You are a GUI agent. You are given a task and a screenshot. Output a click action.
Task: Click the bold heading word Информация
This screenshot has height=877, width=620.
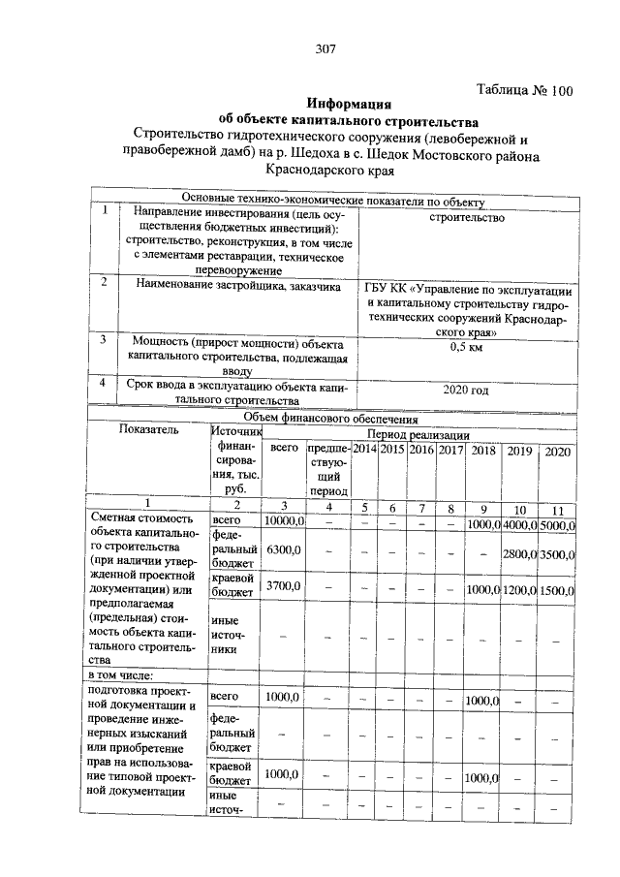[x=349, y=103]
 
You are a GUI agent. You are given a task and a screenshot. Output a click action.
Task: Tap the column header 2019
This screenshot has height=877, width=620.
[x=519, y=451]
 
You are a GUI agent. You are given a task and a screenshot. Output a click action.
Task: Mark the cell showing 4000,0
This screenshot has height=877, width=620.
[x=519, y=524]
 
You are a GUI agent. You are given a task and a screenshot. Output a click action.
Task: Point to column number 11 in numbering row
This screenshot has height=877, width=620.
[x=557, y=510]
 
